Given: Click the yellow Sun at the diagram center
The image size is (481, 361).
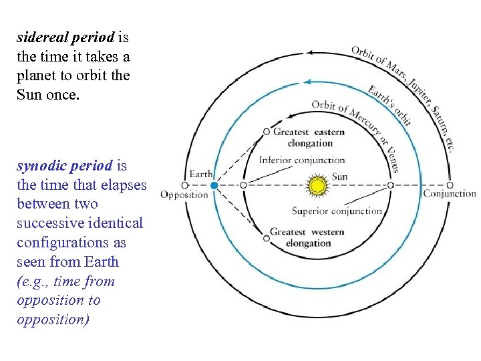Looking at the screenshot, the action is click(319, 185).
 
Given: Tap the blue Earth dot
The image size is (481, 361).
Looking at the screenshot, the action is click(213, 185).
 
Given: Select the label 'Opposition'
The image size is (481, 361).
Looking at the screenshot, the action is click(184, 195).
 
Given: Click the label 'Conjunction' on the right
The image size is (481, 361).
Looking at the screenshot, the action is click(450, 194).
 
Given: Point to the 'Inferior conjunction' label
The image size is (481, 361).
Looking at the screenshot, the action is click(302, 160).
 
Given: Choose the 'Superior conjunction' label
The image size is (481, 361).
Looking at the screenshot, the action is click(337, 211).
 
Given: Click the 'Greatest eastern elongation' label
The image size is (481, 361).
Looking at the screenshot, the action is click(309, 137).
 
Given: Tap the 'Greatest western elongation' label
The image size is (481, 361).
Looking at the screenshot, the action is click(307, 237).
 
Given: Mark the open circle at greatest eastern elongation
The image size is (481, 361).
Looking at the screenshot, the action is click(267, 132).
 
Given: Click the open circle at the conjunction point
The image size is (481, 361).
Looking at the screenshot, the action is click(450, 185).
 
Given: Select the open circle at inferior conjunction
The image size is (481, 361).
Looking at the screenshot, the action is click(244, 185).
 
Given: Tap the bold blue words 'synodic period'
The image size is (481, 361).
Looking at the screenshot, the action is click(65, 165).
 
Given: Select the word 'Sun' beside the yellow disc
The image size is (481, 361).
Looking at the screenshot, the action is click(339, 177).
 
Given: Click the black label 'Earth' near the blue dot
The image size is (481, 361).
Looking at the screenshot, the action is click(201, 174).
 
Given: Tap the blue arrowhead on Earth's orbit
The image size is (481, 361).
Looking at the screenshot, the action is click(307, 82).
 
